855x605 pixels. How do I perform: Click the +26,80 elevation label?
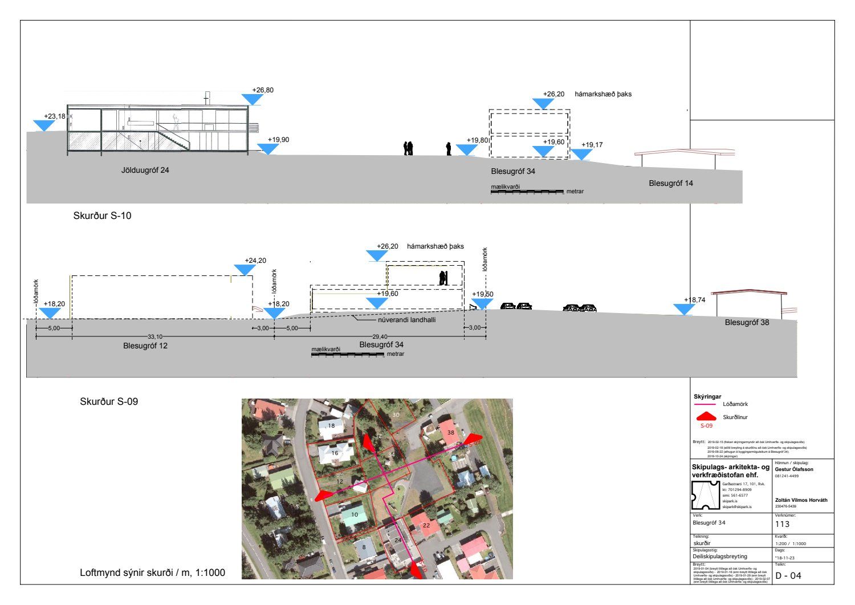point(263,90)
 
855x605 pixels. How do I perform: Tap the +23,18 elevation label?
point(54,116)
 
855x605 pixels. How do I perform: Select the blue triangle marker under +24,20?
point(245,270)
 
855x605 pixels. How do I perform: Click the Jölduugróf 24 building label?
point(145,170)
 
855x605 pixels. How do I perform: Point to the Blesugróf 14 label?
point(671,183)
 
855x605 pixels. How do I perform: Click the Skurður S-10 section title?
point(102,216)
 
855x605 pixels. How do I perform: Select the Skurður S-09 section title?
point(109,401)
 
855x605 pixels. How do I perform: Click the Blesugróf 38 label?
point(747,322)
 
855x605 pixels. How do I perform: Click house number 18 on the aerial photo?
point(331,425)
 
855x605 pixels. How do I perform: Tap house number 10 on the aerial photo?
point(355,514)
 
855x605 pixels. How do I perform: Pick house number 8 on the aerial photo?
point(364,547)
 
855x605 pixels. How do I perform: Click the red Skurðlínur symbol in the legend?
point(706,417)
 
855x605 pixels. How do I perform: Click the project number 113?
point(783,524)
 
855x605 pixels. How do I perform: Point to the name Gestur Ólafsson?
point(795,469)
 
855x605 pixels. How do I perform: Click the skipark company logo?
point(705,495)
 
